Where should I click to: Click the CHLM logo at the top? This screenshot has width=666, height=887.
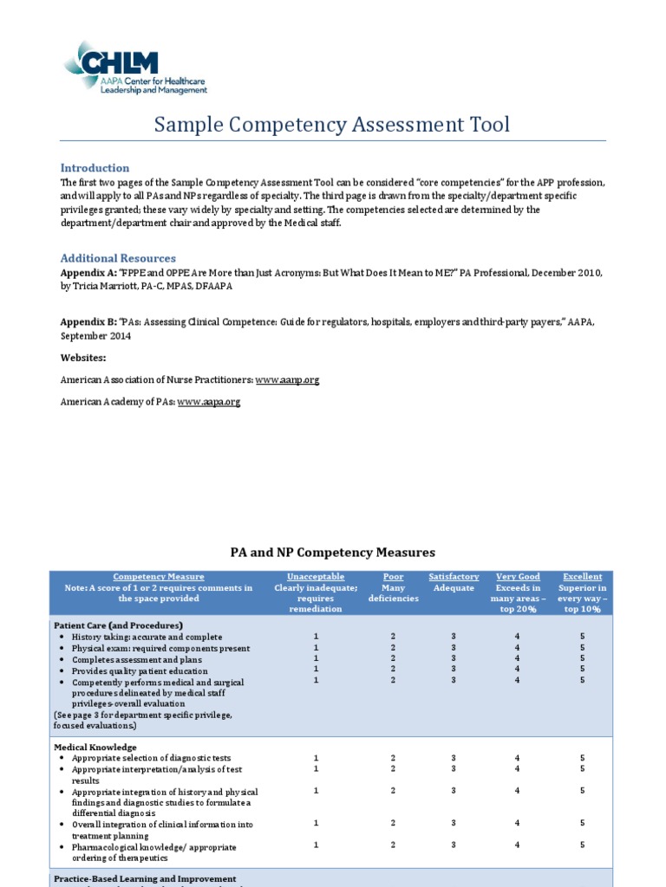(134, 68)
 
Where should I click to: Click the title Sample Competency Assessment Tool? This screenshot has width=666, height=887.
(332, 125)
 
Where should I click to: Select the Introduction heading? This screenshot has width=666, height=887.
(95, 168)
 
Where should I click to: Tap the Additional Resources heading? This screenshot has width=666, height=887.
(118, 258)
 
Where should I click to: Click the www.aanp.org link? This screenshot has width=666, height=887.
(287, 380)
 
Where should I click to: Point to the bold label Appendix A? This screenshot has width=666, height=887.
(88, 272)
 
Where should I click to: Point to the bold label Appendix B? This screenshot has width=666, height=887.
(88, 322)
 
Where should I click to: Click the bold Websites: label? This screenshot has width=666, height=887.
(83, 358)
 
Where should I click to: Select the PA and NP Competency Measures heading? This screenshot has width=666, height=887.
(332, 552)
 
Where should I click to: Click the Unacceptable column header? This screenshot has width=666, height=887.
(316, 577)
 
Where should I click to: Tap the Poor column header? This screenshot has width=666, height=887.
(393, 577)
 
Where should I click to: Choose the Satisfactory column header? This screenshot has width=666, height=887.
(454, 577)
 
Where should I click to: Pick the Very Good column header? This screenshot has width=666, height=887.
(518, 577)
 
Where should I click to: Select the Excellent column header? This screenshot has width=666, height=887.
(582, 577)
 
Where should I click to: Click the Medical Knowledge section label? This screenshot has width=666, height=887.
(95, 747)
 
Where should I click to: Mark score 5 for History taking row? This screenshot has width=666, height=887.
(583, 637)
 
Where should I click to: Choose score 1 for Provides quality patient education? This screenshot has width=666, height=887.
(316, 670)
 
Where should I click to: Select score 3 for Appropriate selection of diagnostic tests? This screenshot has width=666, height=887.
(454, 758)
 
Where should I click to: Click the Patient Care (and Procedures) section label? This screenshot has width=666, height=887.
(119, 625)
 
